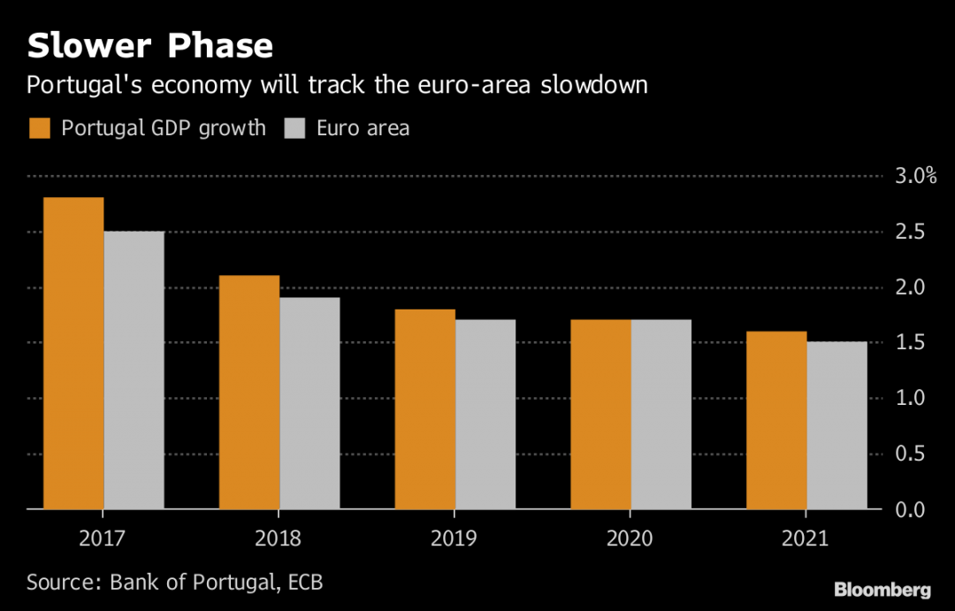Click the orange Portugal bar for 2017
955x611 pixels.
[73, 354]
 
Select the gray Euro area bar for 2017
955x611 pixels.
[134, 370]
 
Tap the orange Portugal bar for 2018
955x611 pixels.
[249, 393]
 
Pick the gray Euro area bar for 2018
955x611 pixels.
[309, 403]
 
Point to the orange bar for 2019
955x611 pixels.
[424, 409]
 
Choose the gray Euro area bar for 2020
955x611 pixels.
[661, 415]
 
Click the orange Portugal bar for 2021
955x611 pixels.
[776, 420]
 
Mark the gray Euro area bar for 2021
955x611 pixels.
[837, 425]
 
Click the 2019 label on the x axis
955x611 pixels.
[455, 538]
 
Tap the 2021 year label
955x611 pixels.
[806, 538]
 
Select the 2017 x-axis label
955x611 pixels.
[103, 538]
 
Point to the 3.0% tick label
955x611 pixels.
[914, 176]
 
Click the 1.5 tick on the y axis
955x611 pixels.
[908, 342]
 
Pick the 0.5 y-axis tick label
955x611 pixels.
[908, 454]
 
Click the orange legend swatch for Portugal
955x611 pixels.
[40, 128]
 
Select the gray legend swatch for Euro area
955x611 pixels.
[294, 128]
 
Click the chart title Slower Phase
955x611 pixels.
[149, 45]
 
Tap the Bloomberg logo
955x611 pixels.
[882, 590]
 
